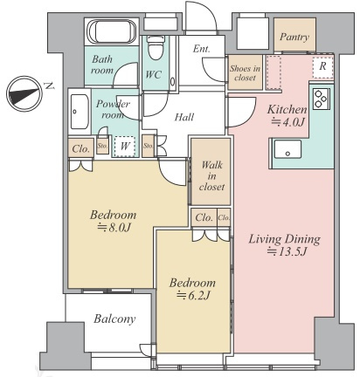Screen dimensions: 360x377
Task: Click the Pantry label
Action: [294, 37]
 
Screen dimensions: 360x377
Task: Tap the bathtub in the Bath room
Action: [112, 31]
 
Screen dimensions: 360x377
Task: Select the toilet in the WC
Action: [156, 48]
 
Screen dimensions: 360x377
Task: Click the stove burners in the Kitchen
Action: [322, 99]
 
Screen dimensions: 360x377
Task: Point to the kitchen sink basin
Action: [287, 149]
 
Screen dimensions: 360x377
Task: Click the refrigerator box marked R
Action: [322, 66]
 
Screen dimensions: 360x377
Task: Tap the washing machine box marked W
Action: [125, 147]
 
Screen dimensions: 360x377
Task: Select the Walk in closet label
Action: [211, 175]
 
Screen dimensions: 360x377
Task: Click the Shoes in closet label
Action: [245, 73]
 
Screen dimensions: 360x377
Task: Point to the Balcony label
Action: [114, 319]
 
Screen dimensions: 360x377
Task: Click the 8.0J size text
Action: [114, 227]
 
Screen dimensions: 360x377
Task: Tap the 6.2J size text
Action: [193, 295]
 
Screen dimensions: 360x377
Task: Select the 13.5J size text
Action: [287, 251]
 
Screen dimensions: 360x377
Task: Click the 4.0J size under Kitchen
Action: [287, 122]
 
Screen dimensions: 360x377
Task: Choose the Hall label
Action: [184, 117]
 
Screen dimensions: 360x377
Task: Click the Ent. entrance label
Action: [202, 49]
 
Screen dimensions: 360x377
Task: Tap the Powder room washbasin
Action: [80, 112]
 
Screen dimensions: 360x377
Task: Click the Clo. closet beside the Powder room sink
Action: [80, 148]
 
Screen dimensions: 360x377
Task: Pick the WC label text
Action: [153, 74]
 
